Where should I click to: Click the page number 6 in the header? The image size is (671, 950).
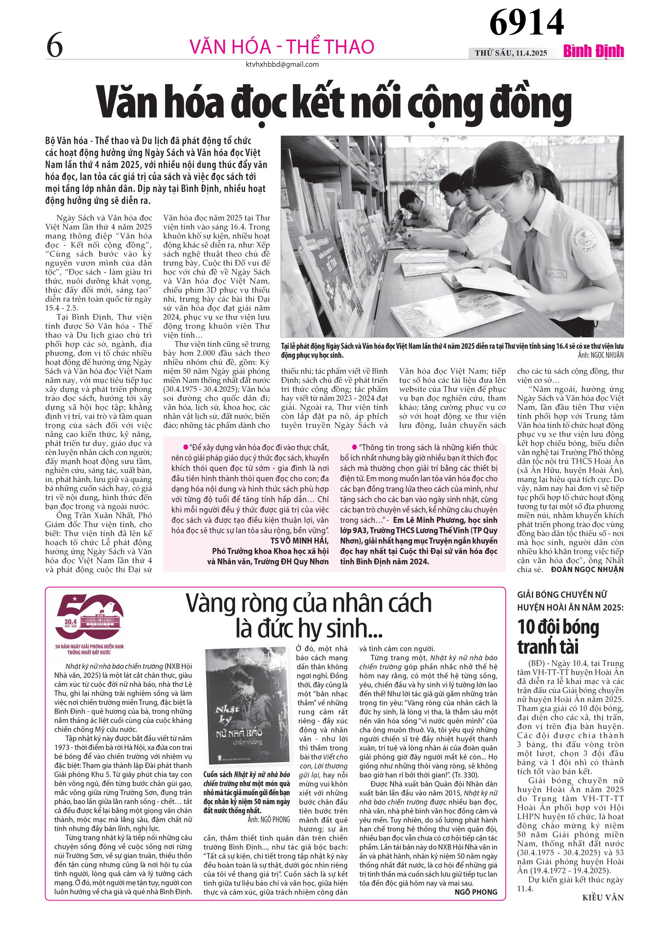click(x=55, y=46)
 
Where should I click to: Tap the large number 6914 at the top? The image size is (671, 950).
click(x=526, y=22)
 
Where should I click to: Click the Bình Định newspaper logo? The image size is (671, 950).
click(x=593, y=51)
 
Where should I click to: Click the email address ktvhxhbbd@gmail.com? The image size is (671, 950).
click(x=282, y=65)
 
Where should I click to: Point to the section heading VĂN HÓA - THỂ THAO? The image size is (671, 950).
click(x=281, y=47)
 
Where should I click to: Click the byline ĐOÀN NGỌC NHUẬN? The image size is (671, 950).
click(x=587, y=569)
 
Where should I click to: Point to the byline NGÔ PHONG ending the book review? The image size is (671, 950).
click(x=476, y=892)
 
